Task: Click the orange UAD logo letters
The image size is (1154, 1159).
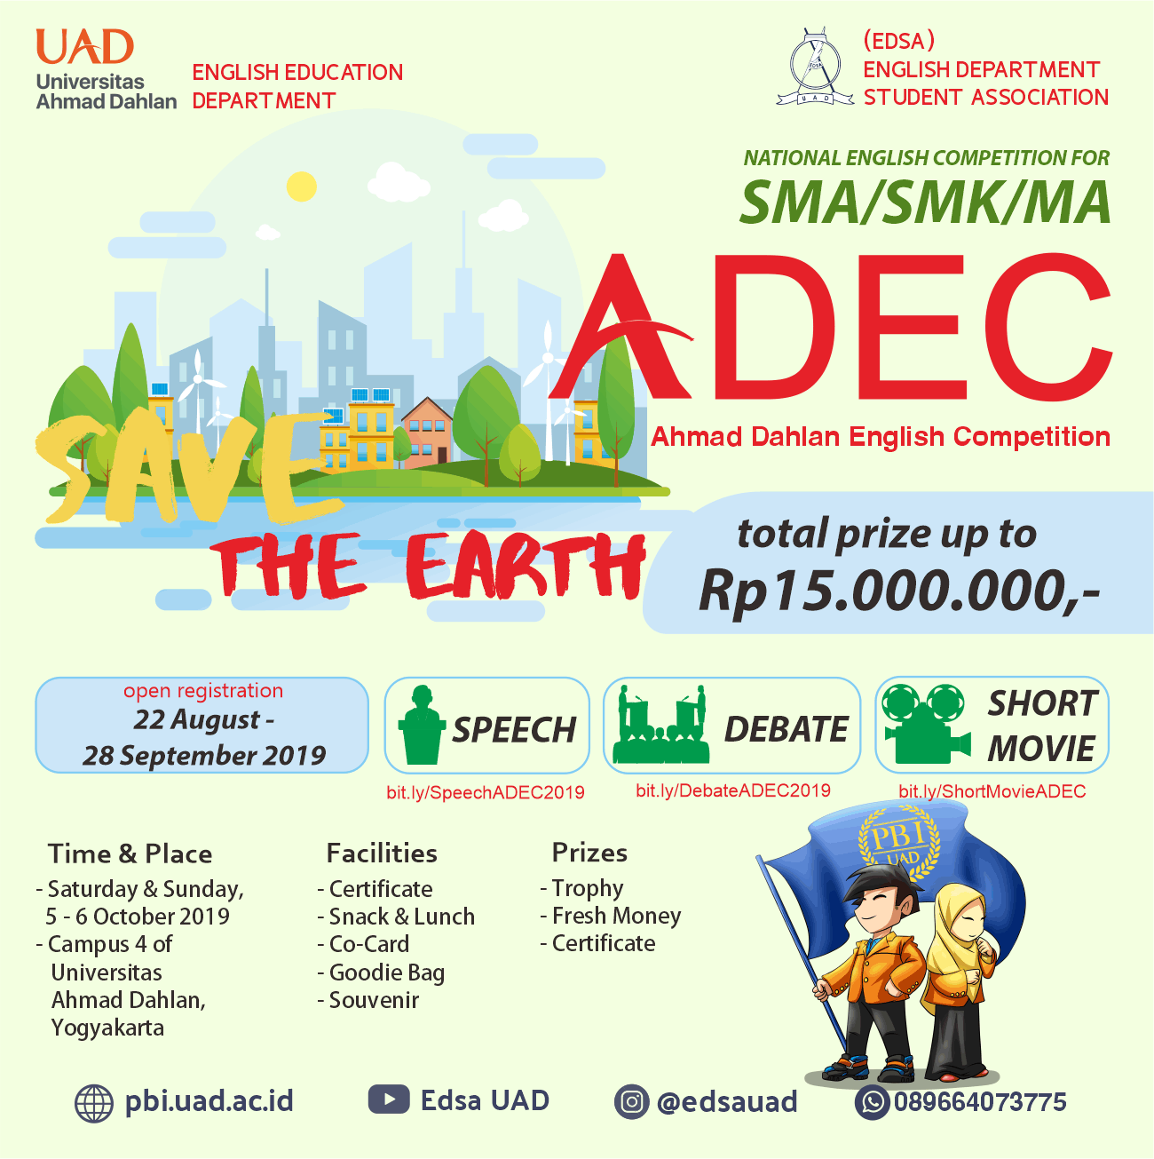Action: [x=85, y=46]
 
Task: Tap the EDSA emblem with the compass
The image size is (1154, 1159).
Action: [x=815, y=67]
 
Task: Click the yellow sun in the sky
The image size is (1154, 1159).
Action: [x=301, y=186]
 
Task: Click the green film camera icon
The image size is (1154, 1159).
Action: [x=926, y=724]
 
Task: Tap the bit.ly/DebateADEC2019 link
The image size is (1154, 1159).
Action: [x=733, y=790]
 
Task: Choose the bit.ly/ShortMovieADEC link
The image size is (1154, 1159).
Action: [x=992, y=791]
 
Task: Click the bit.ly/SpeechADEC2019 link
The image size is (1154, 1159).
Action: [x=486, y=792]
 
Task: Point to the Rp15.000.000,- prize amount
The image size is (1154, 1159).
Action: [x=899, y=591]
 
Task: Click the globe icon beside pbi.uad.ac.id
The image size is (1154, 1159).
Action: [x=94, y=1104]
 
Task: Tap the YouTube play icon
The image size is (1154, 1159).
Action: [x=389, y=1099]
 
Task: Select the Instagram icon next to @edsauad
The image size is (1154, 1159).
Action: [x=631, y=1102]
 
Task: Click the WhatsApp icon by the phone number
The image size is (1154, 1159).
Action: [x=873, y=1102]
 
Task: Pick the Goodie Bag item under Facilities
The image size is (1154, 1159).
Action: [x=387, y=972]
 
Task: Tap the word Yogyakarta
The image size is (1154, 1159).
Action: [x=107, y=1028]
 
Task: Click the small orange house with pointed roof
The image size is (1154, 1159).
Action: [x=426, y=432]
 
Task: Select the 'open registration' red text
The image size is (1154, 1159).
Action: [x=203, y=690]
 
